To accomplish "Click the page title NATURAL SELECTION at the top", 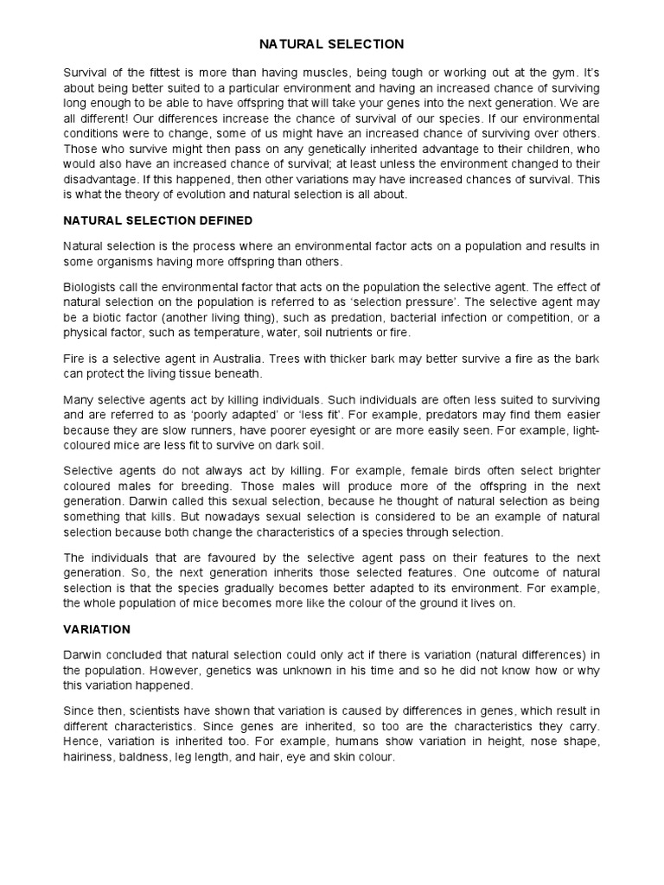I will tap(332, 43).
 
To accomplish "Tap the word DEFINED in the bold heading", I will tap(222, 220).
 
